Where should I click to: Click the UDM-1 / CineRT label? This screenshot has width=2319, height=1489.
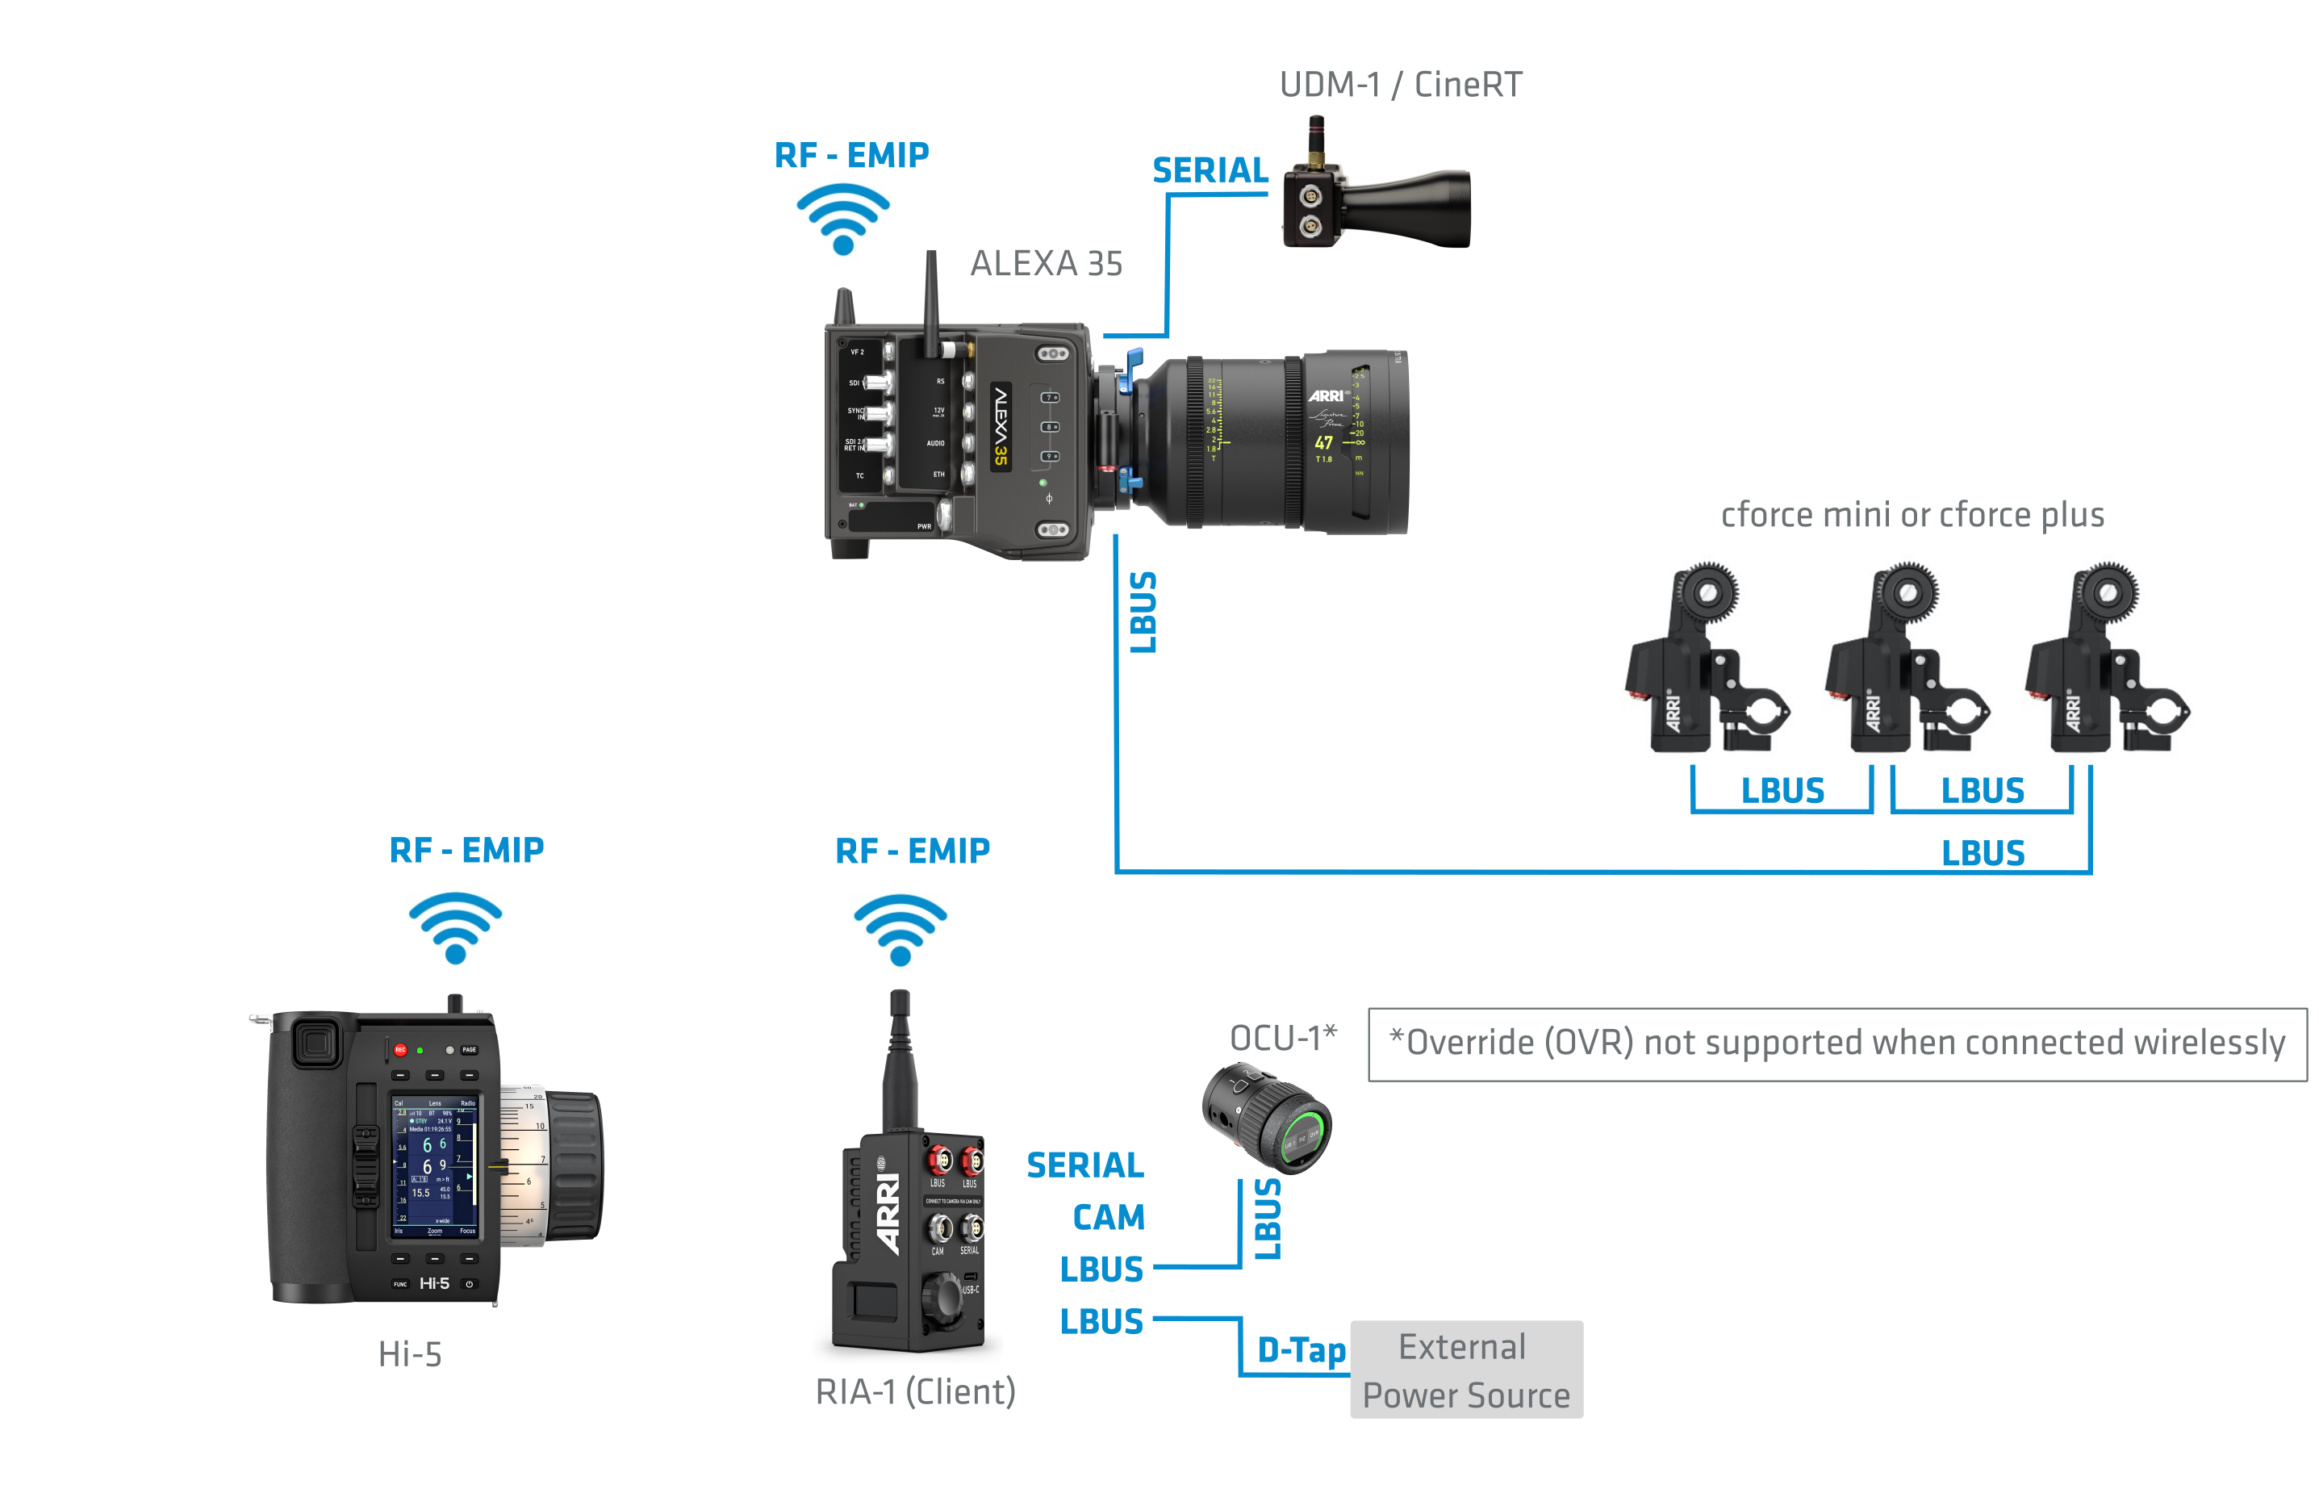[x=1400, y=85]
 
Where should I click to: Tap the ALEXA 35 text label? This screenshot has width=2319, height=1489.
[x=1046, y=264]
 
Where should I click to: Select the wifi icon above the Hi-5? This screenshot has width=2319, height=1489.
[x=455, y=926]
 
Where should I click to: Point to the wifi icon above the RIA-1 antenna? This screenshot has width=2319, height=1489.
[x=900, y=928]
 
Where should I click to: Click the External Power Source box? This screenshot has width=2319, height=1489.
[x=1465, y=1370]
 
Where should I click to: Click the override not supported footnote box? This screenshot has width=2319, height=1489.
[x=1836, y=1044]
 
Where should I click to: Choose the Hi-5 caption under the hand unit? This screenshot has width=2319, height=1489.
[x=410, y=1354]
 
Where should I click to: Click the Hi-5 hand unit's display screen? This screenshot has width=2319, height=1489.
[x=434, y=1167]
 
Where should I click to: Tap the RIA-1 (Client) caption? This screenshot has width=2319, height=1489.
[x=914, y=1392]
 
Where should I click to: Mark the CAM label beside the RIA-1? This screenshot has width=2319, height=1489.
[x=1108, y=1217]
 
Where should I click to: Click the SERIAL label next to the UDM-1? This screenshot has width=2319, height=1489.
[x=1210, y=171]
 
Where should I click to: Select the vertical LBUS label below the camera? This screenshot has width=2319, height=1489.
[x=1143, y=612]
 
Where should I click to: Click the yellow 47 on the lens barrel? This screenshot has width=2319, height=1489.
[x=1323, y=443]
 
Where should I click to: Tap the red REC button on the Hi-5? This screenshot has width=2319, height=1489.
[x=400, y=1050]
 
